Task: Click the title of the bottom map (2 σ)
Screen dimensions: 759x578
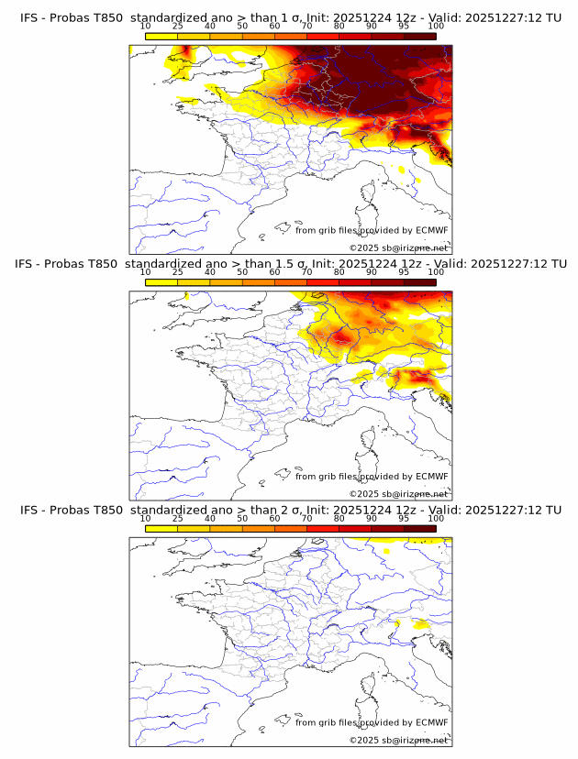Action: pos(290,509)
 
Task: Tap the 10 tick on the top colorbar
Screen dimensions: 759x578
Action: pos(145,27)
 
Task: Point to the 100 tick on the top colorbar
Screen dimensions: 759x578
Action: pos(436,27)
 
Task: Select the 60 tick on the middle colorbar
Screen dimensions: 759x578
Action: pos(274,272)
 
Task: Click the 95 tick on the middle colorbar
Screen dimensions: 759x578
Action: pos(404,272)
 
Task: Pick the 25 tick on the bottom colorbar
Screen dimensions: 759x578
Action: pos(177,518)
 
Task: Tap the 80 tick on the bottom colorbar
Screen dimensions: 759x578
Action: pos(339,518)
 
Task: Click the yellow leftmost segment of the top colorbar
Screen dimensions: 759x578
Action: pos(161,36)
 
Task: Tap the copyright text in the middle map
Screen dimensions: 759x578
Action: pos(398,493)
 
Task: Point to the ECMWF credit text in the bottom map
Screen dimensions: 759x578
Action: pos(372,722)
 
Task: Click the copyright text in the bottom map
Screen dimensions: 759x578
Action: pos(398,739)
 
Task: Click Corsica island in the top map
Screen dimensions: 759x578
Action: pos(368,193)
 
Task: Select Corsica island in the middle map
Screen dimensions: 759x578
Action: pos(368,439)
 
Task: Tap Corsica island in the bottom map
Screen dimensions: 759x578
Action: pos(368,685)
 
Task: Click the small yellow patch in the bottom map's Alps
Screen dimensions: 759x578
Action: pos(421,624)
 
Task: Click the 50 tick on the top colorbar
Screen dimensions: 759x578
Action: pos(242,27)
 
